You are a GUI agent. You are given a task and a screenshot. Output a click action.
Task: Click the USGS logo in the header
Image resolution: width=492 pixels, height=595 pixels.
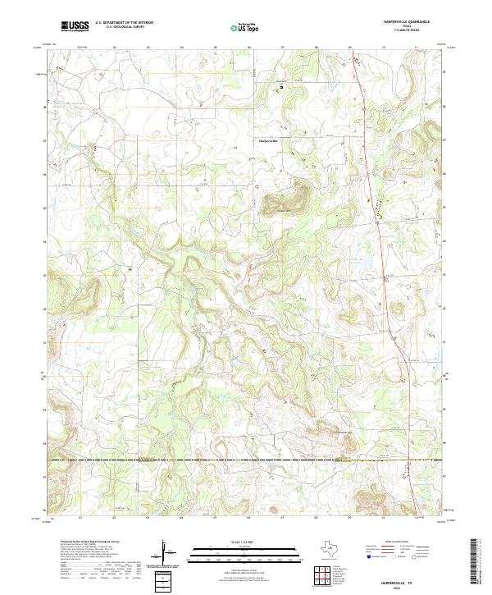click(x=75, y=26)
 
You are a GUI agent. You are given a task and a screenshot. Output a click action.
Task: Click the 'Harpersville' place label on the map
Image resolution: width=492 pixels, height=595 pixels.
click(x=268, y=140)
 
